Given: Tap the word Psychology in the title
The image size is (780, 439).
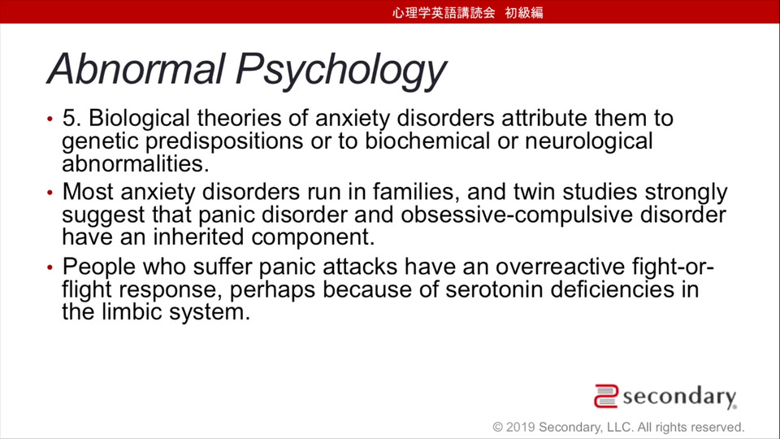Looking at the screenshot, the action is click(340, 72).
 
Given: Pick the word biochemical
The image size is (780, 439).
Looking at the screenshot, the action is click(427, 141).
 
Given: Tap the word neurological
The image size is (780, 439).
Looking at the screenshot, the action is click(588, 141).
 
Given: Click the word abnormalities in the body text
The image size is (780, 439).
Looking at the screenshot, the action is click(136, 163).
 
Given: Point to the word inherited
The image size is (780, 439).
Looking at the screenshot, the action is click(198, 237).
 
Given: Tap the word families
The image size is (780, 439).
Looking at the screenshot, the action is click(417, 192).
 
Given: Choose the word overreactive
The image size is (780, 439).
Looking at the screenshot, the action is click(560, 267).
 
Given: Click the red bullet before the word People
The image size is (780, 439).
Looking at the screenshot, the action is click(50, 267).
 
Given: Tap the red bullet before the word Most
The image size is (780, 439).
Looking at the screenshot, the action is click(50, 193).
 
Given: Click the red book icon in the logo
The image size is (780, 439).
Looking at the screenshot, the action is click(606, 396).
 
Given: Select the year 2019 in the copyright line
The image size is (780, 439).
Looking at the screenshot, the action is click(520, 427).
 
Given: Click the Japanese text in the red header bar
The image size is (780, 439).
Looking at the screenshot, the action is click(468, 12).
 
